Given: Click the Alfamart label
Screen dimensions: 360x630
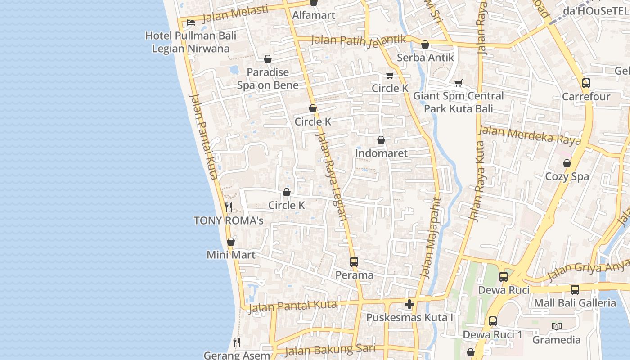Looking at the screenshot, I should click(314, 15).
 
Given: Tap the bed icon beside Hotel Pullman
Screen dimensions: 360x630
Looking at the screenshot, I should click(191, 22).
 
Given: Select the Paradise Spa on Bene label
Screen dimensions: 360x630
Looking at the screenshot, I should click(268, 79).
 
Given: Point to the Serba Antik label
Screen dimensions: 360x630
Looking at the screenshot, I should click(425, 58).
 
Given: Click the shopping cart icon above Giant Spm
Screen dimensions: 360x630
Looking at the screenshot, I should click(458, 83).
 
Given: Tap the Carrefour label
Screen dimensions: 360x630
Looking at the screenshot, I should click(586, 97).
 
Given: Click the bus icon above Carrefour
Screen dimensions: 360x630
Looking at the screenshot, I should click(586, 83).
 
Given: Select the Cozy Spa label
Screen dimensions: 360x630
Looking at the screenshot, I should click(567, 176).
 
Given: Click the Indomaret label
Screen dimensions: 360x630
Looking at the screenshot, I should click(381, 153).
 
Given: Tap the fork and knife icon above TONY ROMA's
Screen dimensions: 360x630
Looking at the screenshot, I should click(229, 207).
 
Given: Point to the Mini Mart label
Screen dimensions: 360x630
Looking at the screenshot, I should click(231, 255).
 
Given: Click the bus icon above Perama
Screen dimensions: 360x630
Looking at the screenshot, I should click(354, 262).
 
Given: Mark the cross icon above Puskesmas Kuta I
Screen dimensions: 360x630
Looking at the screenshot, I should click(409, 305).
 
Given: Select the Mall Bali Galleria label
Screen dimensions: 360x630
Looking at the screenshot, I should click(575, 303).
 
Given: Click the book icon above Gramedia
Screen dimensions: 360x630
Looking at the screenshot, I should click(557, 327).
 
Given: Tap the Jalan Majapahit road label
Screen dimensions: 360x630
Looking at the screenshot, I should click(430, 238).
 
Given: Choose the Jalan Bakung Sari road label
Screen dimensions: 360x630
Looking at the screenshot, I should click(330, 350).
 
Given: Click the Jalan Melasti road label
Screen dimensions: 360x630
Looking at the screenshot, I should click(235, 14).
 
